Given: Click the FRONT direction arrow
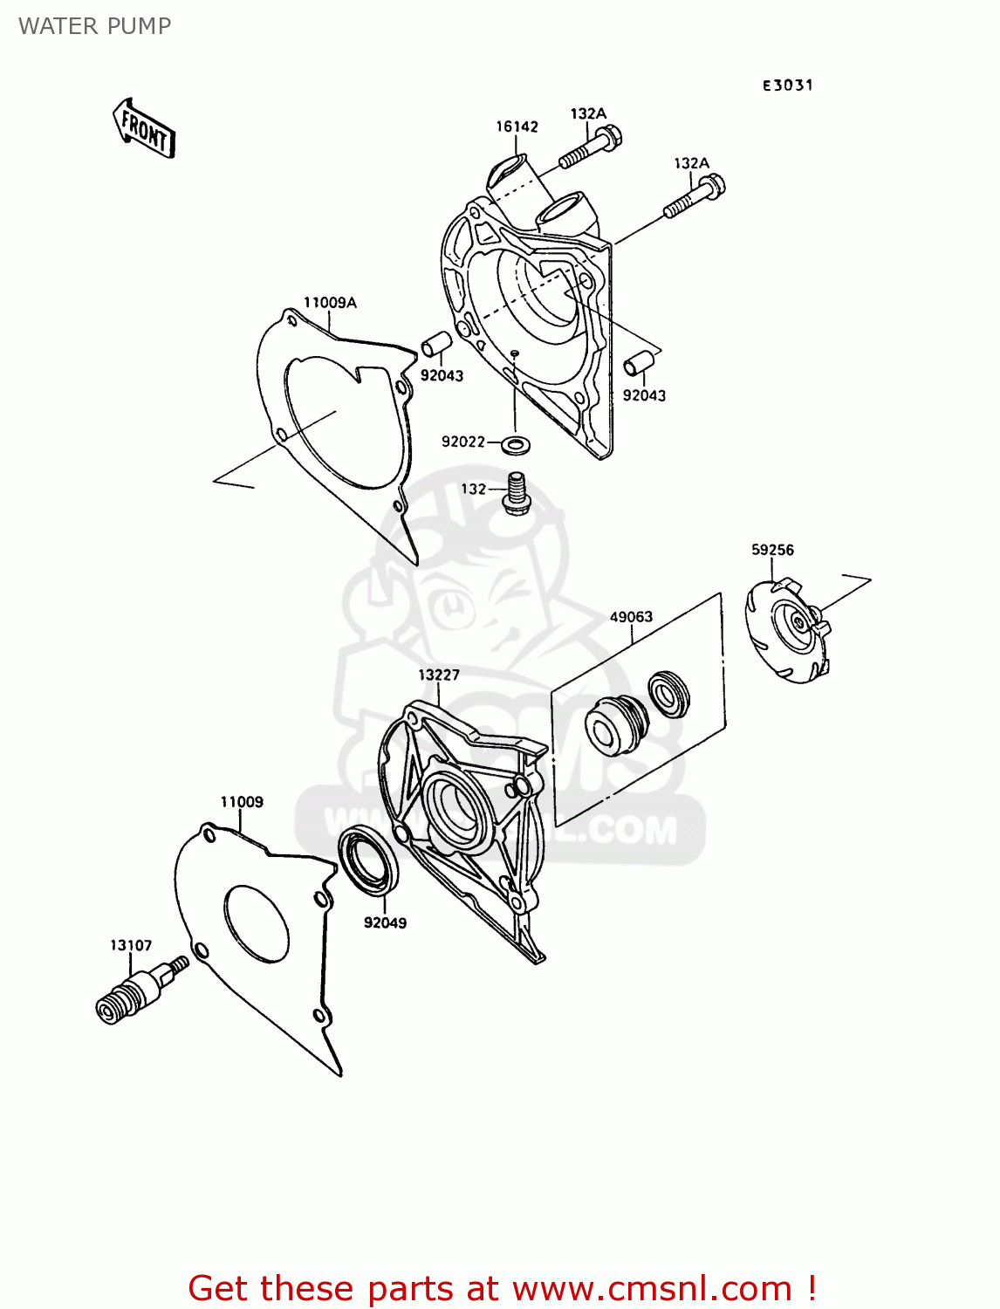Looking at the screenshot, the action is tap(143, 129).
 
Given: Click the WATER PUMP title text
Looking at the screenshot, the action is tap(95, 26).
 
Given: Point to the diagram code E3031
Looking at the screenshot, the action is tap(787, 86).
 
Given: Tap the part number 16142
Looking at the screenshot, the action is tap(517, 127).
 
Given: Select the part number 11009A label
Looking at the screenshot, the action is tap(330, 302).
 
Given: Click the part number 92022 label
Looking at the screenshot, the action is tap(463, 442).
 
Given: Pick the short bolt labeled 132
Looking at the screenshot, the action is tap(515, 492).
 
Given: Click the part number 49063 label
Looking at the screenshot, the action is tap(631, 617).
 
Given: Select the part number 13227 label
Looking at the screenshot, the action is tap(438, 675).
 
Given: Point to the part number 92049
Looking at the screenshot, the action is tap(385, 922).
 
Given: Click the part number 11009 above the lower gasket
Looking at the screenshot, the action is tap(242, 801).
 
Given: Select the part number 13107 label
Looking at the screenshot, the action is tap(131, 945).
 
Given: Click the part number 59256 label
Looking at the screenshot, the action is tap(772, 549).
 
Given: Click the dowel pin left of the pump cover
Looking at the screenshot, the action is tap(436, 344).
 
